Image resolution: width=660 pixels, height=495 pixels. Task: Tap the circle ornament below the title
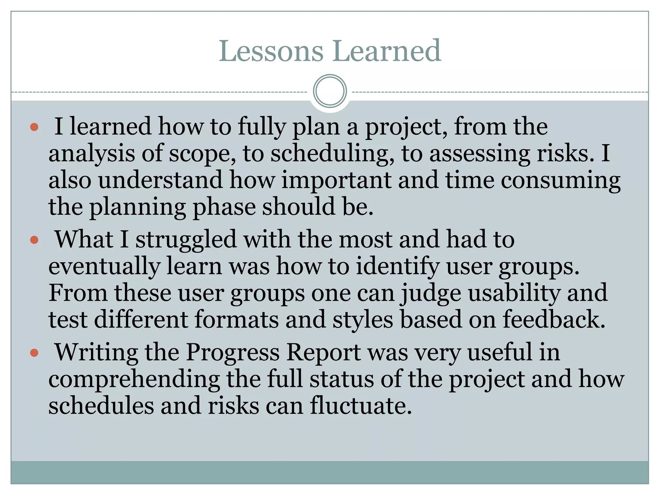pyautogui.click(x=330, y=91)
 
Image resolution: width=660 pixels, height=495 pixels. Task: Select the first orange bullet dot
pyautogui.click(x=34, y=127)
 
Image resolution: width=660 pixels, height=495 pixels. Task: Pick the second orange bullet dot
pyautogui.click(x=34, y=240)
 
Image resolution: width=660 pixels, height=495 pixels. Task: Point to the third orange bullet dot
pyautogui.click(x=34, y=353)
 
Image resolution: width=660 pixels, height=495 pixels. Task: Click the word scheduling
pyautogui.click(x=332, y=154)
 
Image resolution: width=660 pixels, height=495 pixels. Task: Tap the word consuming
pyautogui.click(x=560, y=180)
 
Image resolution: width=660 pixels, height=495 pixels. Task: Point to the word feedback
pyautogui.click(x=554, y=319)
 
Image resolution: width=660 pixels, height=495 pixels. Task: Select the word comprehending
pyautogui.click(x=134, y=380)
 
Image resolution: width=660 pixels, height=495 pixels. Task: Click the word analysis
pyautogui.click(x=92, y=154)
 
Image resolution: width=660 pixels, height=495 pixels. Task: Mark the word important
pyautogui.click(x=336, y=180)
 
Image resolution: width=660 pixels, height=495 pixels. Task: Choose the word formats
pyautogui.click(x=237, y=319)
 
